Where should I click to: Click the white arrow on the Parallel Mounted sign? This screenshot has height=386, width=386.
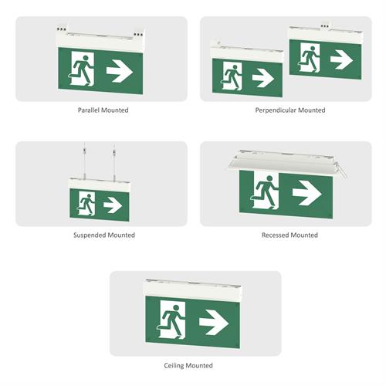120,71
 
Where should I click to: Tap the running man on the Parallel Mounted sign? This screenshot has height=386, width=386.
82,69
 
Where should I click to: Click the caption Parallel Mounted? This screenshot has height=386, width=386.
103,110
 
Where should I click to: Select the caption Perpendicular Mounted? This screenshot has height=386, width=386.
290,110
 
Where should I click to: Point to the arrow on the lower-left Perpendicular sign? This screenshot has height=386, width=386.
262,77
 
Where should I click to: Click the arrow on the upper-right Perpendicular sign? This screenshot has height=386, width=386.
341,59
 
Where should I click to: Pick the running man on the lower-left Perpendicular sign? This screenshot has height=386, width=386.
232,76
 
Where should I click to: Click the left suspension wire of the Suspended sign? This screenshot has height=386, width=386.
84,160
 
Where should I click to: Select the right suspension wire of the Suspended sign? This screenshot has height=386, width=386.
114,161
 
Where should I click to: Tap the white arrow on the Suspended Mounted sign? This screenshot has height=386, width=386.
113,205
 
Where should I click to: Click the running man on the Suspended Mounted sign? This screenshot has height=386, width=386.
86,204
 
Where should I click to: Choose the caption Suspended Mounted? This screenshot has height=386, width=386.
104,235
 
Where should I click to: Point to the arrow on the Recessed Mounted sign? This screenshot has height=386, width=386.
307,193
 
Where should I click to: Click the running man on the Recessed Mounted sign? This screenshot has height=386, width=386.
265,191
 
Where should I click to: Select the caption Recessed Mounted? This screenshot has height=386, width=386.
289,235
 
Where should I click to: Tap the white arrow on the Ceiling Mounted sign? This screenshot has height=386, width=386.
214,323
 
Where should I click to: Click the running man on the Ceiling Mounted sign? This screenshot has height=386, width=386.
171,320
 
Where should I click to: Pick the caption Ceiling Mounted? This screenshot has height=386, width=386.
188,365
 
